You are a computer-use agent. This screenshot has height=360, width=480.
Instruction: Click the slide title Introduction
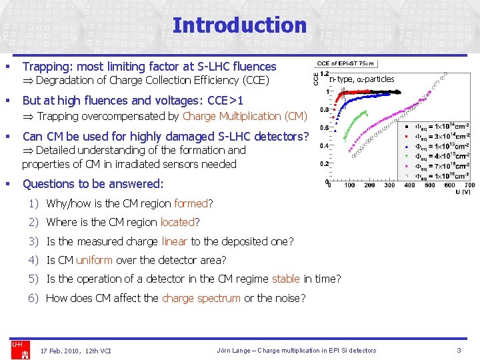point(239,25)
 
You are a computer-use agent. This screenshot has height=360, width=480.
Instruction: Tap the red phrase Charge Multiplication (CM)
point(245,116)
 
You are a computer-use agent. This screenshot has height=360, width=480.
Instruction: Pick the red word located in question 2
point(177,222)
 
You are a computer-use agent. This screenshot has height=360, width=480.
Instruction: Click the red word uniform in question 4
point(94,260)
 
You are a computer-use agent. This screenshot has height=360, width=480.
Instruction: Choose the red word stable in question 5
point(285,279)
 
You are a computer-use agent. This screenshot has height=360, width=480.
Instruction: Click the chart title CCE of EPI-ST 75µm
point(347,63)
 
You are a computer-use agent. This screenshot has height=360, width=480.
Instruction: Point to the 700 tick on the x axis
point(469,186)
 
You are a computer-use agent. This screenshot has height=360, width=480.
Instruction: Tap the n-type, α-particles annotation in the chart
point(361,79)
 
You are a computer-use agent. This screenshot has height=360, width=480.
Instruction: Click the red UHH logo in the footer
point(17,345)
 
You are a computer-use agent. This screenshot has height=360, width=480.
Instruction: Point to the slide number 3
point(459,350)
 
